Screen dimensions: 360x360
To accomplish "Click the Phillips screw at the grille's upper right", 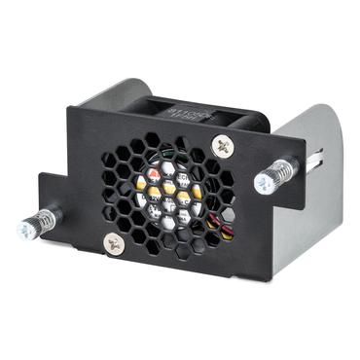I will coord(222,146).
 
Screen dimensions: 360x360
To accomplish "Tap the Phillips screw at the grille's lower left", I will coord(116,243).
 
